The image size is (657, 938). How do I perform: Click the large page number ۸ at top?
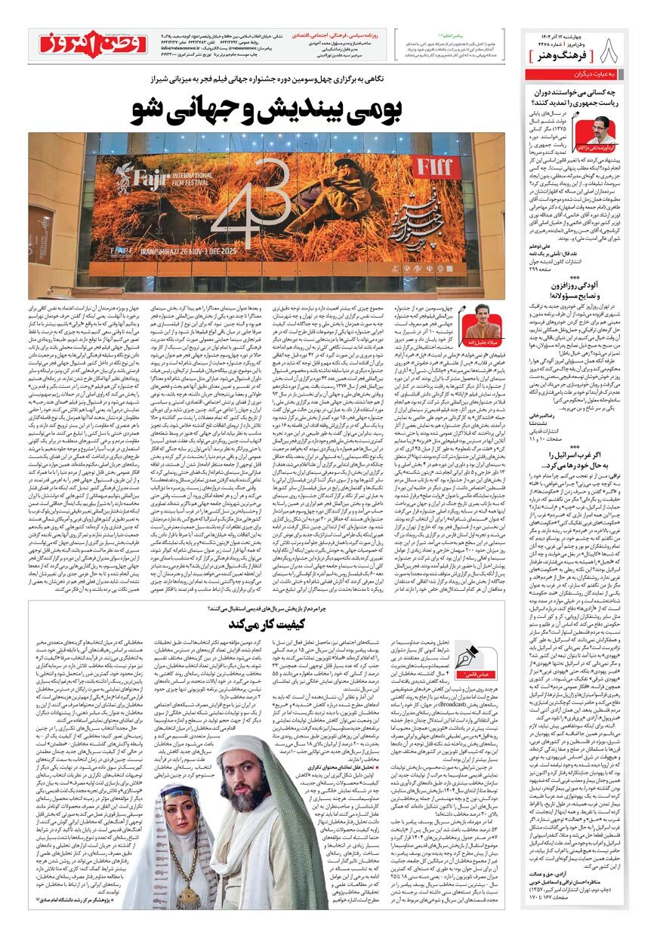point(612,52)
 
